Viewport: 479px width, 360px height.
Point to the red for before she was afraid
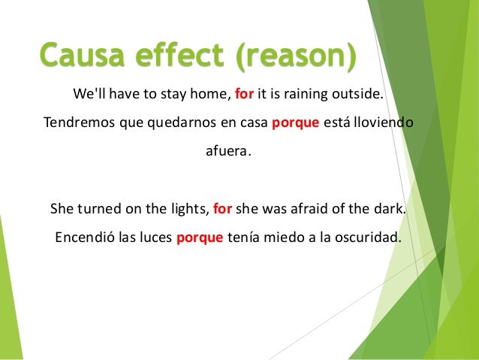pyautogui.click(x=223, y=209)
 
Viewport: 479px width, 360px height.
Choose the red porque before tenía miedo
pyautogui.click(x=200, y=239)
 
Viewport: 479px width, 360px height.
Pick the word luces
pyautogui.click(x=152, y=239)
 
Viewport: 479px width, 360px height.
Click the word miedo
pyautogui.click(x=279, y=239)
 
